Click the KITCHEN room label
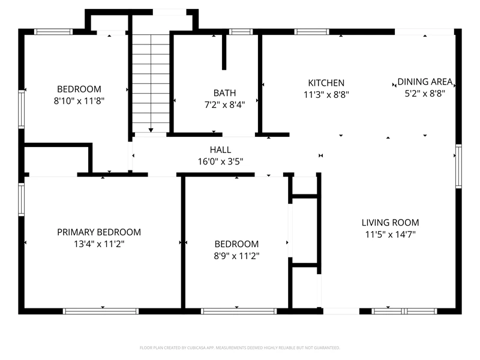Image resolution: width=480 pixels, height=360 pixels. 326,83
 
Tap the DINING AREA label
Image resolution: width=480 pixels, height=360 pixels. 425,82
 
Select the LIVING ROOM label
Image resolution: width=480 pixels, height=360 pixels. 391,223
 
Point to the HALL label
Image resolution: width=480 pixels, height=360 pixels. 220,149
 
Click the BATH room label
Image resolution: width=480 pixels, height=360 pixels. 224,93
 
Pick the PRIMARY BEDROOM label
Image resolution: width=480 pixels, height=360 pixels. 99,232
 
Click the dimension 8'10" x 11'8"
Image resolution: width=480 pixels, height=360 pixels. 79,101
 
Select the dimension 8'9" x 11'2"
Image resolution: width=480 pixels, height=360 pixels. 236,256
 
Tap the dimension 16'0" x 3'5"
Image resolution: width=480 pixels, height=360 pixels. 220,161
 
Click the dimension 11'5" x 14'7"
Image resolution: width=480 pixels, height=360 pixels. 391,235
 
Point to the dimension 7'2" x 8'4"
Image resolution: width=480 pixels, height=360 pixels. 224,104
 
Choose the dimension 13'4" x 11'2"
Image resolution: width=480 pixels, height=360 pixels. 99,244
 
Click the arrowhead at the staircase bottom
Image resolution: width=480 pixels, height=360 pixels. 151,130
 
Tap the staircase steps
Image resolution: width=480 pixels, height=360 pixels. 151,83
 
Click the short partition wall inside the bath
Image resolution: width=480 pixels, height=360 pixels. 224,52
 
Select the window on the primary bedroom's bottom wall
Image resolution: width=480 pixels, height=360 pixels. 101,311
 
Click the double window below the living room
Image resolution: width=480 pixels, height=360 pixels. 404,311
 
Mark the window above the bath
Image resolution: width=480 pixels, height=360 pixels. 241,32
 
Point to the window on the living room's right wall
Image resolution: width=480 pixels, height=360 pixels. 458,166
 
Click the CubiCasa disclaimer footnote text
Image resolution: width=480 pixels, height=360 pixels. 239,348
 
